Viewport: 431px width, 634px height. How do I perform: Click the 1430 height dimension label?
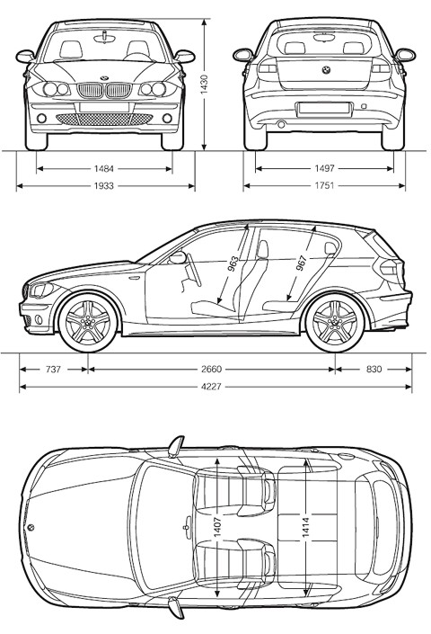coord(204,85)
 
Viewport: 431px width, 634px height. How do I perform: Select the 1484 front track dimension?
coord(104,168)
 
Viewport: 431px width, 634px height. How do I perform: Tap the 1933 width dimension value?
coord(104,186)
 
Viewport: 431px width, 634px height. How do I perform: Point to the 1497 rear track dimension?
coord(324,168)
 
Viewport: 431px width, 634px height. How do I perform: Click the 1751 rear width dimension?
coord(324,185)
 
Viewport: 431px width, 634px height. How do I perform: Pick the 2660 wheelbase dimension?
coord(212,370)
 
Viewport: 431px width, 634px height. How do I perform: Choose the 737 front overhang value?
coord(53,370)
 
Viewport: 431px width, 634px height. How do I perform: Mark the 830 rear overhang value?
coord(374,370)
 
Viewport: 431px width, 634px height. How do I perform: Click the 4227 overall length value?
coord(212,387)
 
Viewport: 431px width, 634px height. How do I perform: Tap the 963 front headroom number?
coord(233,264)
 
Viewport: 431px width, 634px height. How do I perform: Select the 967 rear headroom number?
coord(302,263)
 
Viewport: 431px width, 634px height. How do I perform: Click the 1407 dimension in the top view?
coord(217,527)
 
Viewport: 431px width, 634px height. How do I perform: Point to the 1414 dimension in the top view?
coord(306,528)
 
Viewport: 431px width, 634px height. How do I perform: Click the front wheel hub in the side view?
coord(88,322)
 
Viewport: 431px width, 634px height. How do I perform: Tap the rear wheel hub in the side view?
coord(335,322)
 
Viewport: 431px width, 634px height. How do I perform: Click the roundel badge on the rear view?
coord(326,70)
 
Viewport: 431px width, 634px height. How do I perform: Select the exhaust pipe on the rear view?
coord(281,124)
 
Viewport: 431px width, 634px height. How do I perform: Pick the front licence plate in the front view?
coord(104,107)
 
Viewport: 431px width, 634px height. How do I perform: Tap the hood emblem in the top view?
coord(31,527)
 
